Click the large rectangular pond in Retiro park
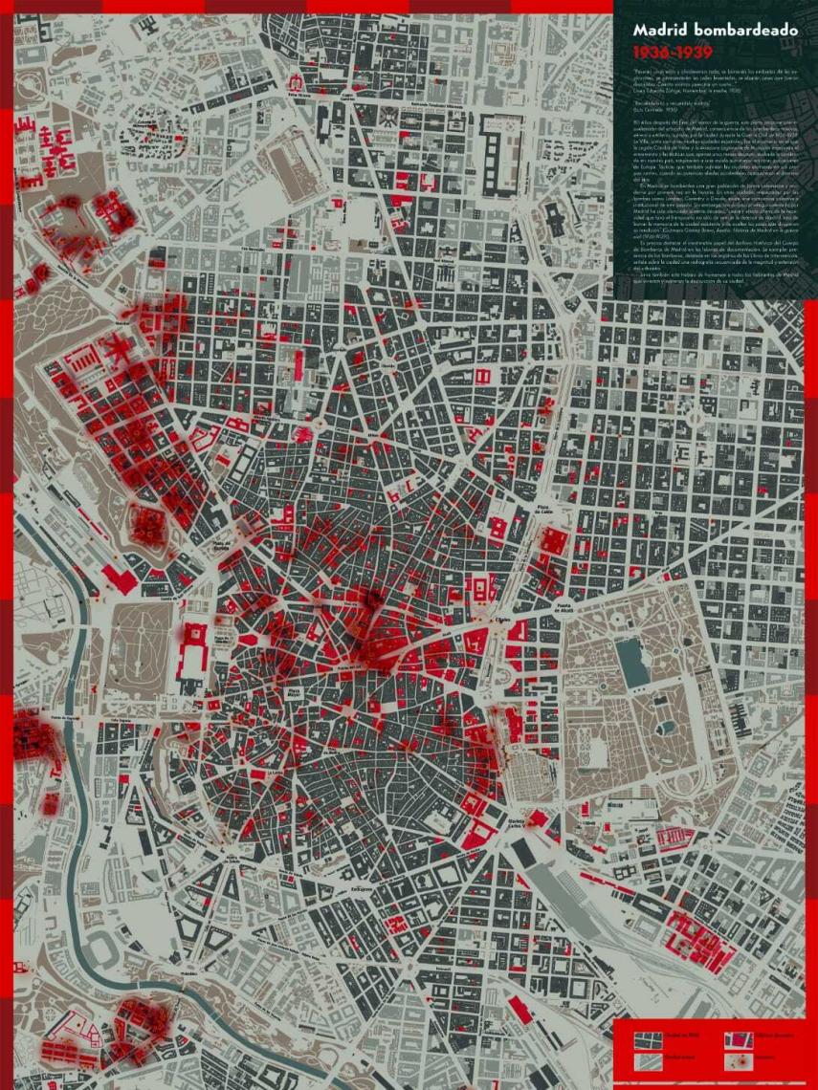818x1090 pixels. (x=631, y=660)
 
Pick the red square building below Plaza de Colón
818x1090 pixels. (x=554, y=541)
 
